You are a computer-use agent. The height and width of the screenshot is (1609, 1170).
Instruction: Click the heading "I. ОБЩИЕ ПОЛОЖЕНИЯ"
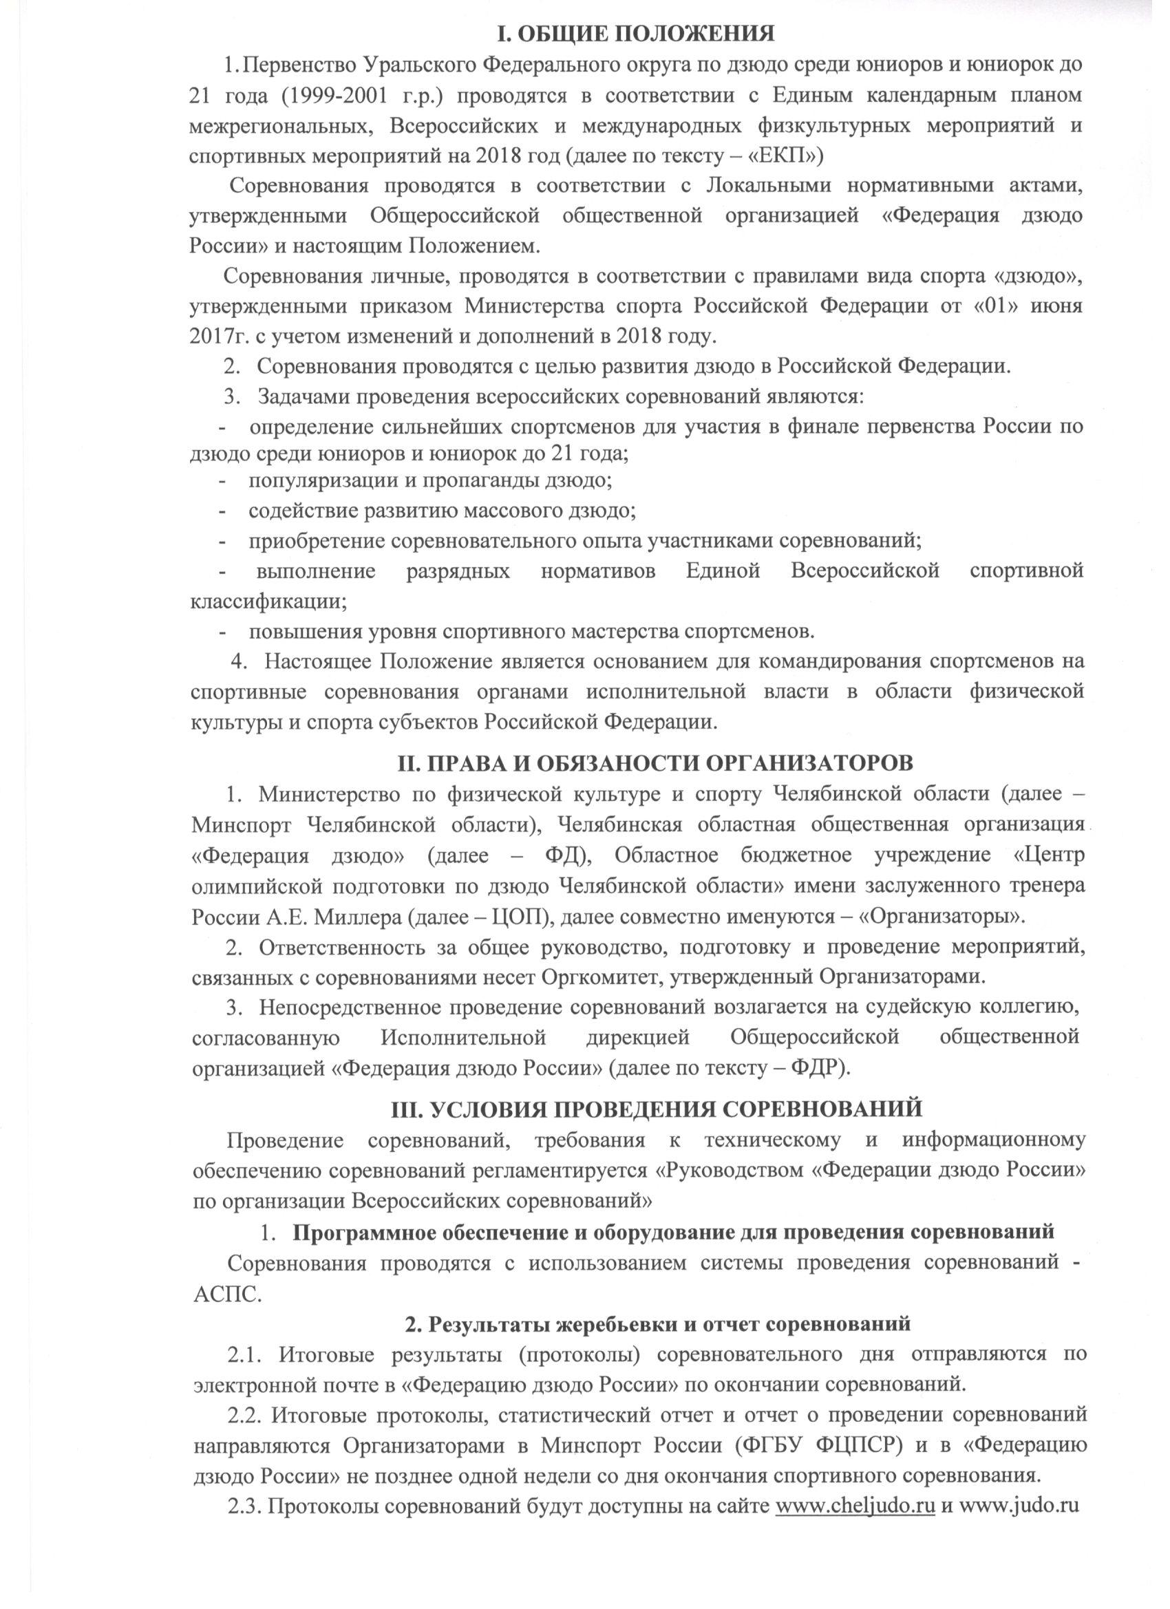tap(636, 32)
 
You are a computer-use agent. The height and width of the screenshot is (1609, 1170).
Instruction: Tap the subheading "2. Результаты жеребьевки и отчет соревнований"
tap(657, 1323)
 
